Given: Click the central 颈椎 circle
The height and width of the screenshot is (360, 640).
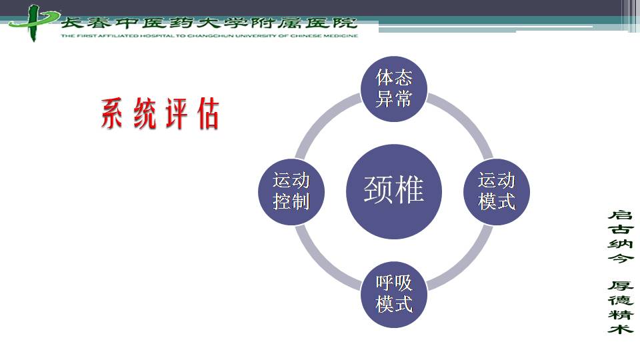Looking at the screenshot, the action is coord(394,191).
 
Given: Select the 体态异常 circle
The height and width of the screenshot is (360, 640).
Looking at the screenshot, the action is coord(394,89).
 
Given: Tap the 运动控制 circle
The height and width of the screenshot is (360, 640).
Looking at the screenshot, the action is coord(291,192).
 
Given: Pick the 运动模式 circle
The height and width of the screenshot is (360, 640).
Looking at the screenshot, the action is coord(497,192).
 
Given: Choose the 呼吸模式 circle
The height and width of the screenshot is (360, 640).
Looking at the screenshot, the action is coord(394,294).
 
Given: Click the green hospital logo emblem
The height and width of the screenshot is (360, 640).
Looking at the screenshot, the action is coord(33,23).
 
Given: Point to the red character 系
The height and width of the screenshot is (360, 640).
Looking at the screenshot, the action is coord(111,113).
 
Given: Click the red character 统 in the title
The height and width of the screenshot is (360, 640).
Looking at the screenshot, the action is coord(145,113).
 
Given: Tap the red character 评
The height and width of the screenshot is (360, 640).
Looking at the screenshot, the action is coord(177,113).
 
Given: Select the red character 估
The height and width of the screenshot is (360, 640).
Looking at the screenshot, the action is coord(208,113).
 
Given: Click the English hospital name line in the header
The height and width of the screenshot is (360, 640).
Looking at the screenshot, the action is coord(209,35).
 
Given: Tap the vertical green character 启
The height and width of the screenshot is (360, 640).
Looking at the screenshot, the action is coord(620,215).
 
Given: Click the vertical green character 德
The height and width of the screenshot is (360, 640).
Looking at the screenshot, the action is coord(620,300).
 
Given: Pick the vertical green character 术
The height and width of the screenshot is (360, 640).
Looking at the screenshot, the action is coord(620,328).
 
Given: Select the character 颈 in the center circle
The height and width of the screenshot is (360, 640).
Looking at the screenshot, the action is coord(378,189).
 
